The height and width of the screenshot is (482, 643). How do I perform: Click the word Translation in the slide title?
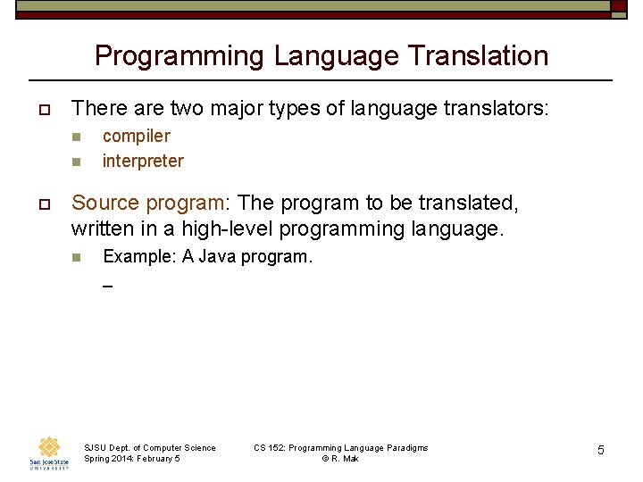pyautogui.click(x=478, y=55)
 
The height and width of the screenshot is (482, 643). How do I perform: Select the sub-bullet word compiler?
pyautogui.click(x=136, y=136)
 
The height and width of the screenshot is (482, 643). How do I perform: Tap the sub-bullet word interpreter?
pyautogui.click(x=143, y=161)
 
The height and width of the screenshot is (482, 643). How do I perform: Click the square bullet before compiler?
pyautogui.click(x=76, y=137)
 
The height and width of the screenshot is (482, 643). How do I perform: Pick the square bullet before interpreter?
pyautogui.click(x=76, y=162)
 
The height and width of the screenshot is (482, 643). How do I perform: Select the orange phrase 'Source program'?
pyautogui.click(x=148, y=204)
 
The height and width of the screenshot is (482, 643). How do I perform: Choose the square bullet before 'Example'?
pyautogui.click(x=76, y=258)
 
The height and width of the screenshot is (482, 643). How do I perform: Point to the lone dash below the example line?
pyautogui.click(x=107, y=287)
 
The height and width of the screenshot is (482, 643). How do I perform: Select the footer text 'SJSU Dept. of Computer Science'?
pyautogui.click(x=149, y=447)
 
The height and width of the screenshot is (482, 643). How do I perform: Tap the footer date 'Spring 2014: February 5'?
pyautogui.click(x=131, y=459)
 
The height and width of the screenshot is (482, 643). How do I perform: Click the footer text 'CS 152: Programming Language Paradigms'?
pyautogui.click(x=340, y=447)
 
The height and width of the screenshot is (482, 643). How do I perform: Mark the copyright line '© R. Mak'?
pyautogui.click(x=340, y=459)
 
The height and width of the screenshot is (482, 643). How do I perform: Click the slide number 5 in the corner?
pyautogui.click(x=600, y=451)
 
